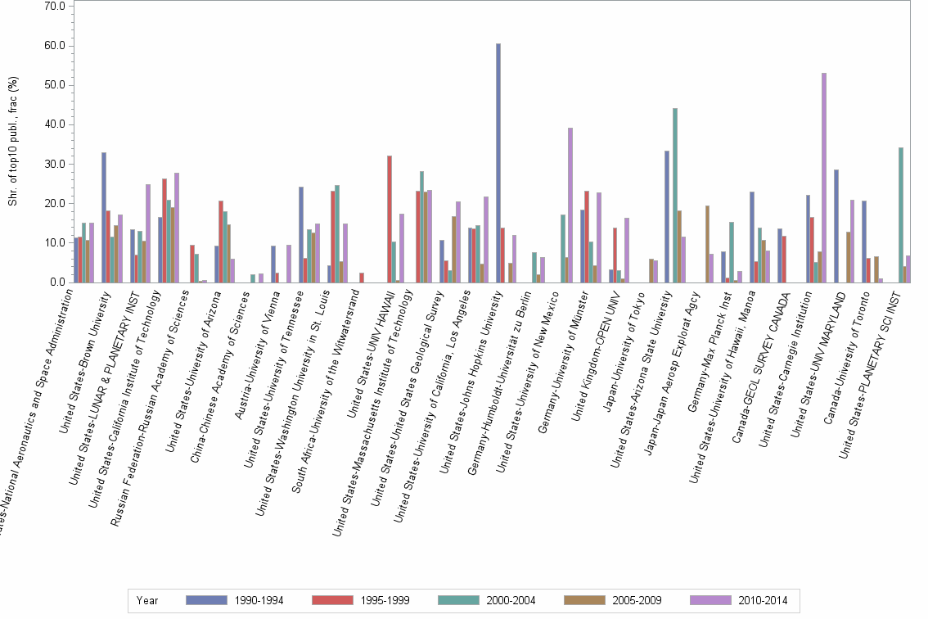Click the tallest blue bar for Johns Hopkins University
click(498, 163)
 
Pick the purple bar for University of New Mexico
click(570, 205)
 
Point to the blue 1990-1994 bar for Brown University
click(104, 217)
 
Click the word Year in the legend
click(147, 600)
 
